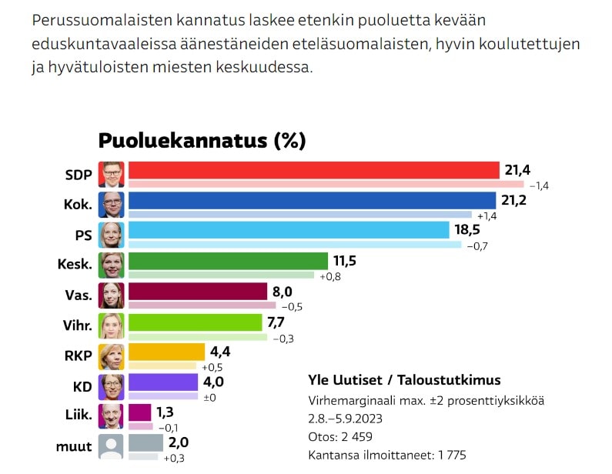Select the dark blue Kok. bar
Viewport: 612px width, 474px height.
312,200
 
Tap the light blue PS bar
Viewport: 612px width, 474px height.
289,230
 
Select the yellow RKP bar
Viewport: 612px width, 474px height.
166,352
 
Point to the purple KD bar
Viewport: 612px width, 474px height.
163,382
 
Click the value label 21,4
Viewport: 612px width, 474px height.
518,169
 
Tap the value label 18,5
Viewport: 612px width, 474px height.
470,230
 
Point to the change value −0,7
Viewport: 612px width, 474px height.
477,246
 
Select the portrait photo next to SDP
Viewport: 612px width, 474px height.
112,175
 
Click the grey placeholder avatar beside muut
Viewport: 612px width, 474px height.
112,447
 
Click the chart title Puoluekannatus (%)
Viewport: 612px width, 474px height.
202,141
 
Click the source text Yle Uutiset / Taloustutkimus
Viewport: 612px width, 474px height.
404,380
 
